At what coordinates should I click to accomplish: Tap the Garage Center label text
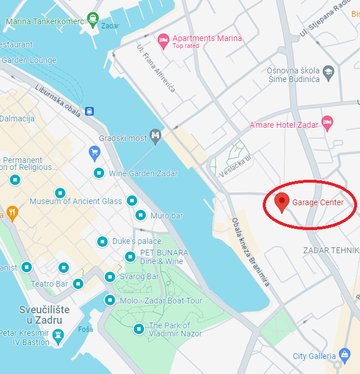[x=318, y=203]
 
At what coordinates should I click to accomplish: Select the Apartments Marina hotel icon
[x=163, y=39]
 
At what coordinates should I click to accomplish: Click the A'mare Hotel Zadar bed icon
[x=328, y=123]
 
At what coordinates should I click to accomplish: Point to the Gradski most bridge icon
[x=155, y=136]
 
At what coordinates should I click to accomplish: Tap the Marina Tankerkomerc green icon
[x=92, y=20]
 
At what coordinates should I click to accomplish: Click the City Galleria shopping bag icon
[x=345, y=354]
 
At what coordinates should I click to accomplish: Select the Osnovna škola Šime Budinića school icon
[x=329, y=72]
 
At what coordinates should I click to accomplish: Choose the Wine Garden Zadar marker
[x=100, y=173]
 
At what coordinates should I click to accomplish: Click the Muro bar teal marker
[x=140, y=216]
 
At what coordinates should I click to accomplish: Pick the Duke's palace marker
[x=102, y=241]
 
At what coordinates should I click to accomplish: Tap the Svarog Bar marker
[x=110, y=277]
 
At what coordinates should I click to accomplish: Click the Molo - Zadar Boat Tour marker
[x=109, y=300]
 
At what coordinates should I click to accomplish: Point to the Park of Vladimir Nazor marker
[x=139, y=329]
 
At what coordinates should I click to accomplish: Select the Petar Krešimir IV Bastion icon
[x=58, y=335]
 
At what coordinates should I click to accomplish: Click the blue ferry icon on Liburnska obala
[x=90, y=111]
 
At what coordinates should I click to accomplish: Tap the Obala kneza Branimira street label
[x=251, y=251]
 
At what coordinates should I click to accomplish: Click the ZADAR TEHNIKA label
[x=331, y=250]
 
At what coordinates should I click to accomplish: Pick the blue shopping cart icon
[x=95, y=153]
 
